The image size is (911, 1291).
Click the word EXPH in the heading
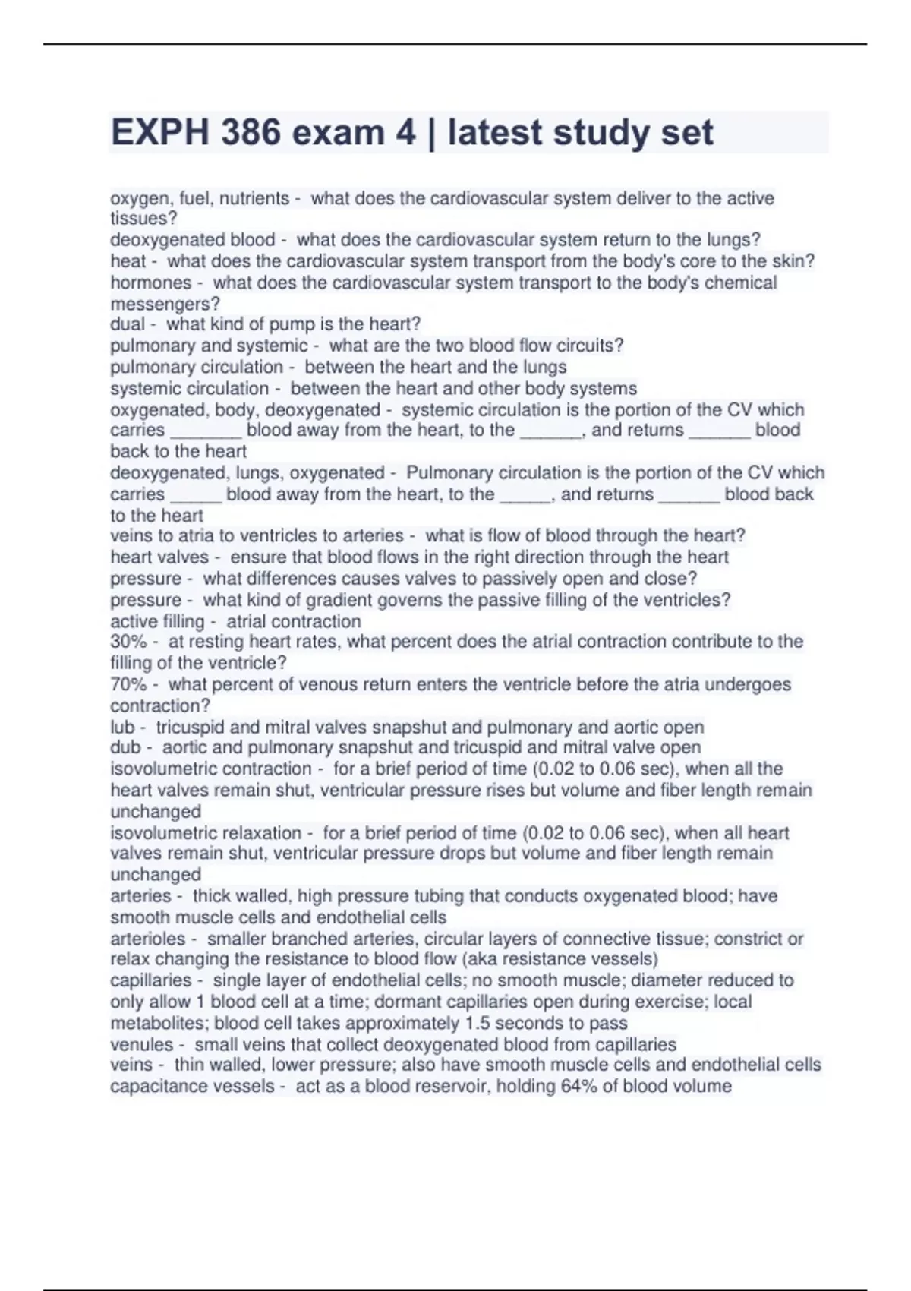click(x=160, y=133)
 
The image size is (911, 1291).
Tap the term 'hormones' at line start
click(x=151, y=283)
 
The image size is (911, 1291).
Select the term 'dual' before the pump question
click(x=127, y=324)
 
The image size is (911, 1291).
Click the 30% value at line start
click(x=128, y=642)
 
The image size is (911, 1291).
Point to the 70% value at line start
click(x=128, y=684)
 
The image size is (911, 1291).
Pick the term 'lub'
click(x=122, y=727)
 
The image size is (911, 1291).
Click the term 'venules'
click(x=141, y=1044)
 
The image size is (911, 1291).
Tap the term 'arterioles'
click(x=148, y=939)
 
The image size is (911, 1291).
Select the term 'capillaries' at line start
click(x=150, y=980)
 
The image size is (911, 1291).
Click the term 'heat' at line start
click(x=128, y=261)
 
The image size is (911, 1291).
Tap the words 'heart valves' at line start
click(x=159, y=557)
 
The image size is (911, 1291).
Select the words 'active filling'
click(x=157, y=621)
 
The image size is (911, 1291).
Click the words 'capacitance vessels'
click(x=192, y=1086)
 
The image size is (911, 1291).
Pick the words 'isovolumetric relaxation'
click(x=206, y=833)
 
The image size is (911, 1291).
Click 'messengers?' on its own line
click(x=165, y=304)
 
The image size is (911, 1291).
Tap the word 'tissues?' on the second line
click(x=143, y=219)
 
